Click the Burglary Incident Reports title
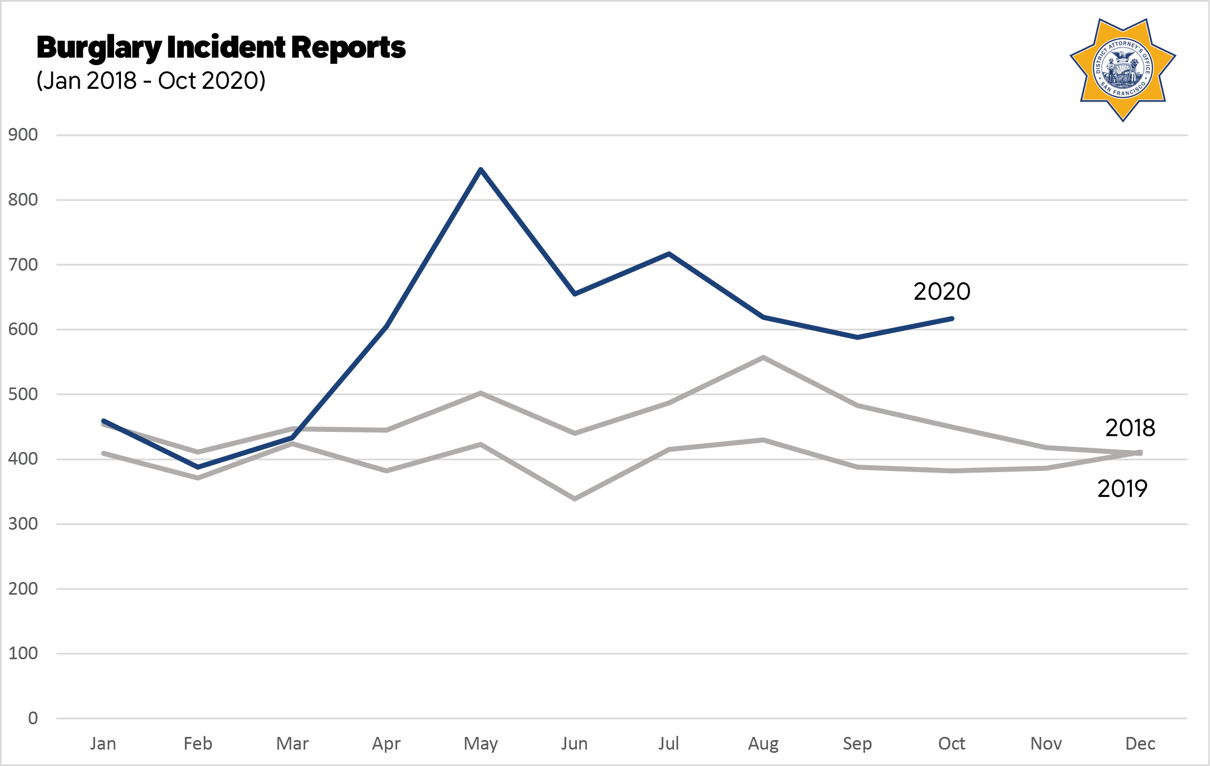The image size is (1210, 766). (221, 48)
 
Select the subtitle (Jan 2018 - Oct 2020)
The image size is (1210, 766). (151, 81)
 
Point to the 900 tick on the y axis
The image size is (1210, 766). (23, 135)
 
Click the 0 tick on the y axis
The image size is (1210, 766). (33, 718)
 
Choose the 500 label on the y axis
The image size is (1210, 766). (23, 394)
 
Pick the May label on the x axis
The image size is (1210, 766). (481, 744)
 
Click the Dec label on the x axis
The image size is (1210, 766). (1140, 744)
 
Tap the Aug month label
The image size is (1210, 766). (763, 744)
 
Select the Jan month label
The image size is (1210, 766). (103, 744)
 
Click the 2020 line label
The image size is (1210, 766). (942, 291)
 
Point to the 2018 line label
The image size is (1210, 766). (1130, 428)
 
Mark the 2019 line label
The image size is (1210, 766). (1122, 488)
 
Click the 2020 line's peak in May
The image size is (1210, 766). (481, 169)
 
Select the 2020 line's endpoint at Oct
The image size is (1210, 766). (952, 319)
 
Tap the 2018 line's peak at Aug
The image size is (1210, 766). (763, 357)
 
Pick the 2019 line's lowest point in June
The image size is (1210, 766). (575, 499)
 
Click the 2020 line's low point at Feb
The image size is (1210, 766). (198, 467)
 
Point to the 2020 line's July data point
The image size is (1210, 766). (669, 254)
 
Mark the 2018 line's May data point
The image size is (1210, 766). (481, 393)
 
